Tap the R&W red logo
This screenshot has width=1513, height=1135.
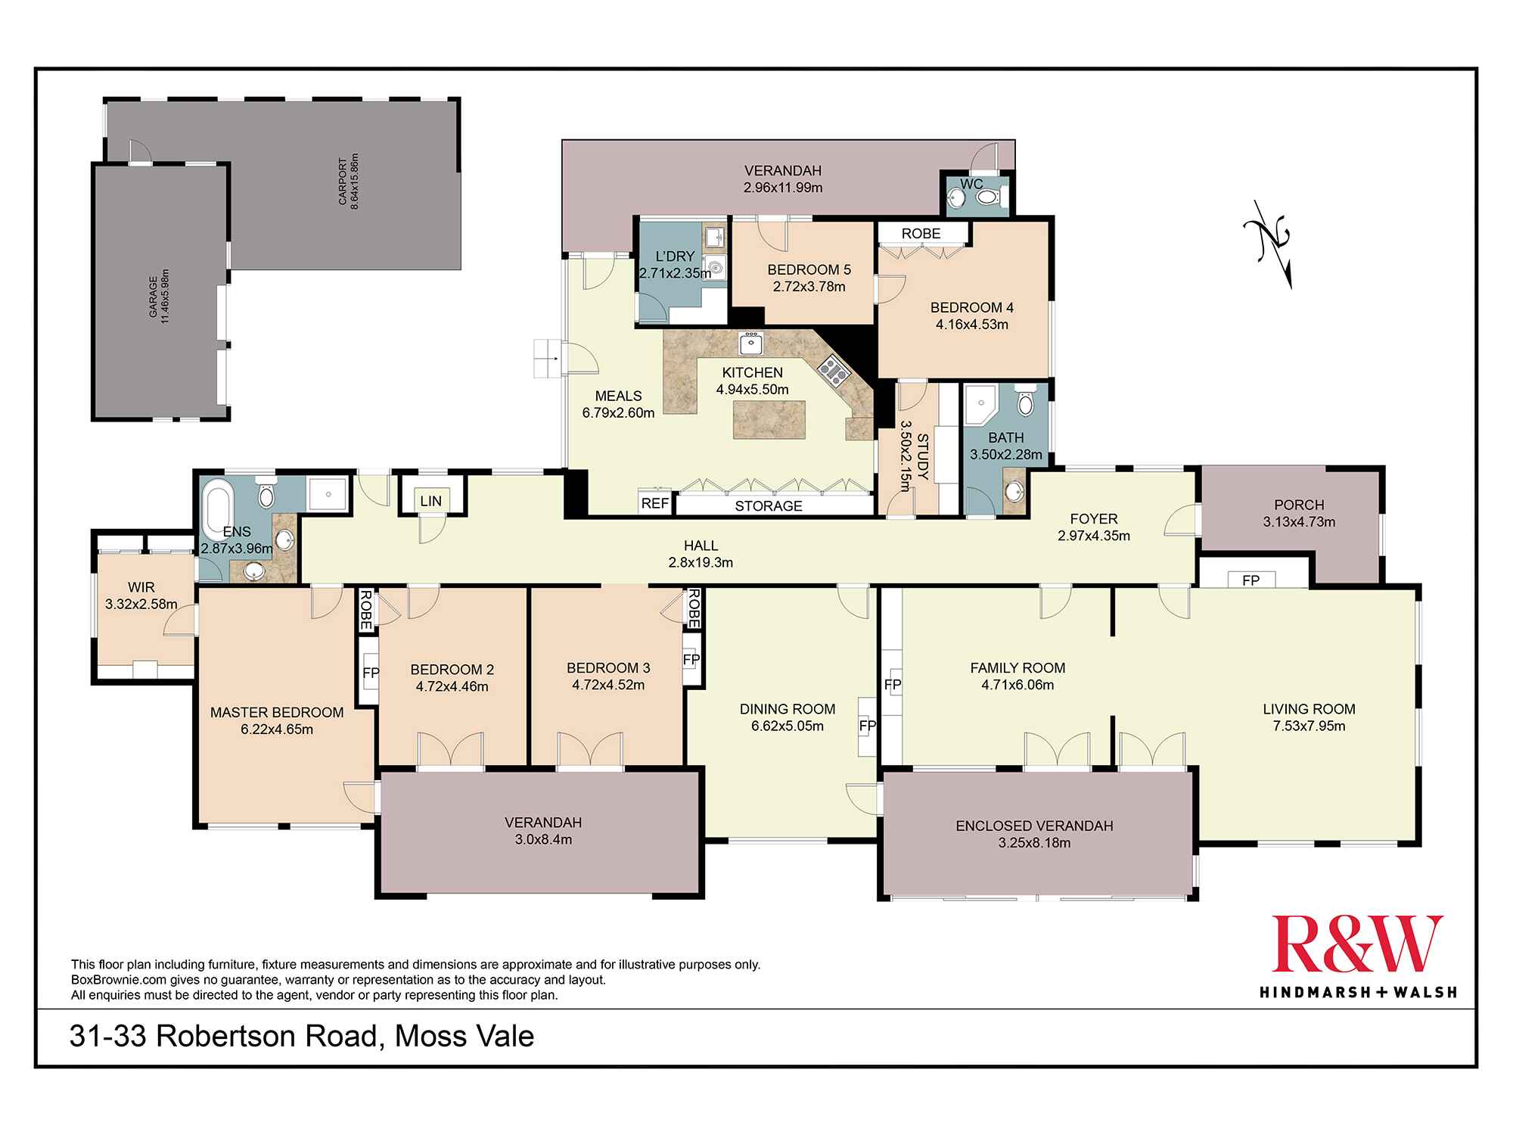(1357, 944)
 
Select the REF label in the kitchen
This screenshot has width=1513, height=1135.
(654, 503)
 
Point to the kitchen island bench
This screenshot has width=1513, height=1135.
(768, 419)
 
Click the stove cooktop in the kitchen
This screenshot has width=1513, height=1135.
(833, 370)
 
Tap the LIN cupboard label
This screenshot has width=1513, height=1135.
(431, 501)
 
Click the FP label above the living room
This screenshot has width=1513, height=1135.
(1251, 580)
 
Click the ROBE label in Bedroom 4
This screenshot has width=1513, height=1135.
(921, 233)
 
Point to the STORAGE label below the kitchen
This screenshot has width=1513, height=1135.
(768, 505)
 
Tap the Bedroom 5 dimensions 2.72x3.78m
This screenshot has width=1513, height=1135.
(809, 287)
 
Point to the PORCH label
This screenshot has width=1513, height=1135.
(1299, 505)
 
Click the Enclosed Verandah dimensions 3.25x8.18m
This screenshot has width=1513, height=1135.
(1034, 843)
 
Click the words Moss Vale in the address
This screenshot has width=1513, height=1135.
(464, 1036)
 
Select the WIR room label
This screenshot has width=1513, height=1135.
(141, 587)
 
